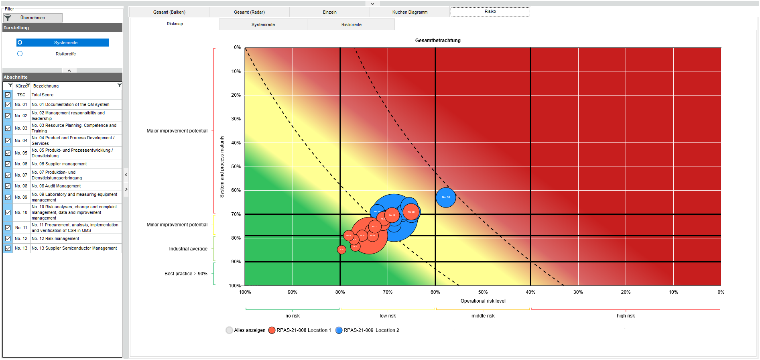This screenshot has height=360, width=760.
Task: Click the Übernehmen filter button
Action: tap(33, 18)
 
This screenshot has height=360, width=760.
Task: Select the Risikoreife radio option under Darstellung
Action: tap(20, 54)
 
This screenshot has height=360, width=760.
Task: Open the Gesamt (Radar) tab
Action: tap(249, 12)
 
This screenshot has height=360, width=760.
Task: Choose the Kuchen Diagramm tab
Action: tap(410, 12)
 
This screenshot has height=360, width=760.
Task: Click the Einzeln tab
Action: tap(329, 12)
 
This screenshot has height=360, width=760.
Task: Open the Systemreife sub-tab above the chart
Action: tap(263, 24)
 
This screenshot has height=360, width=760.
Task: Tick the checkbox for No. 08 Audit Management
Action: tap(8, 186)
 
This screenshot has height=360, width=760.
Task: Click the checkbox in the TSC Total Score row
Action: tap(8, 95)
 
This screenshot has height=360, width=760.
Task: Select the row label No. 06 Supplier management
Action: tap(59, 164)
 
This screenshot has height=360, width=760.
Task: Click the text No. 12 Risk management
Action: tap(55, 239)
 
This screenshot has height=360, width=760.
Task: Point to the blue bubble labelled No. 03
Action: tap(445, 197)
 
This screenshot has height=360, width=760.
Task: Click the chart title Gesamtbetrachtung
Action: tap(437, 41)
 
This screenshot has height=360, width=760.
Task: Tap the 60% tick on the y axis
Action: tap(236, 190)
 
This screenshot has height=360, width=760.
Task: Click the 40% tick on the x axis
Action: tap(530, 292)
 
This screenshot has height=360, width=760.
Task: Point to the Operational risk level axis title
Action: tap(483, 301)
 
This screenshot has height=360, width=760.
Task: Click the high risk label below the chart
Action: tap(626, 316)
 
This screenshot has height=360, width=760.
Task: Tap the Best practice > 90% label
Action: tap(186, 274)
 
